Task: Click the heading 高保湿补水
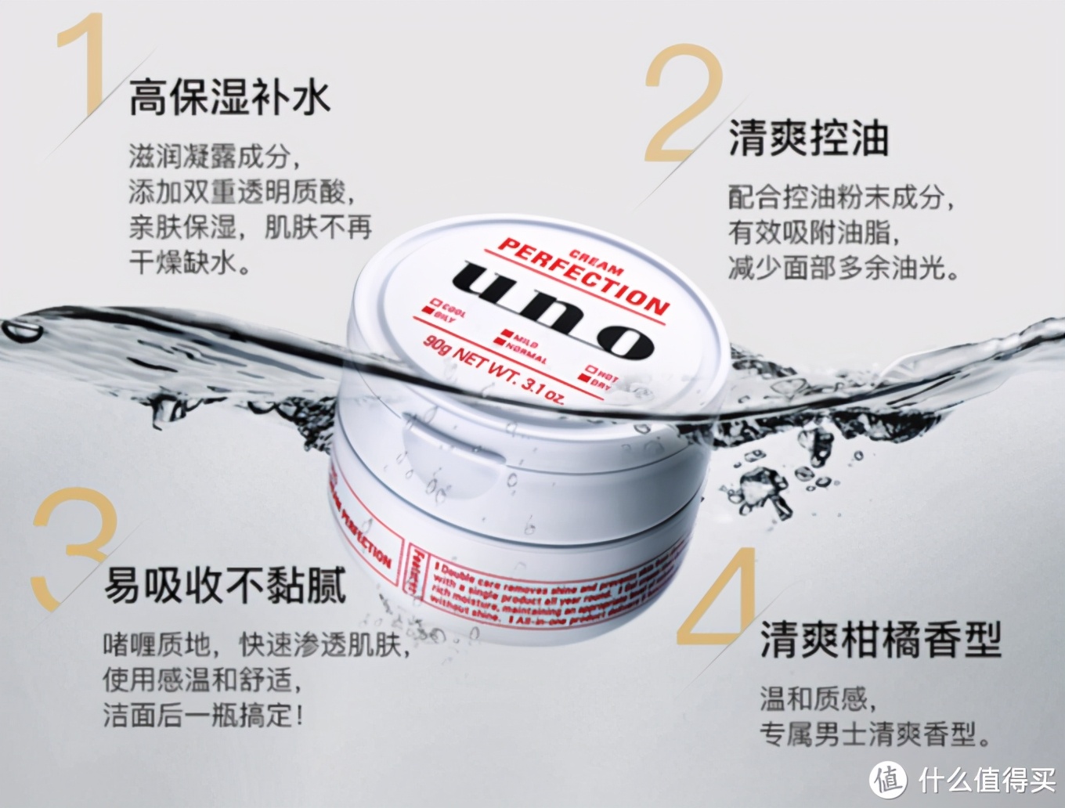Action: pyautogui.click(x=229, y=99)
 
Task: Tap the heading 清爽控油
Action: pyautogui.click(x=808, y=139)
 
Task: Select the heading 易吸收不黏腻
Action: pyautogui.click(x=225, y=585)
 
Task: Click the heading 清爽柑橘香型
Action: pyautogui.click(x=880, y=639)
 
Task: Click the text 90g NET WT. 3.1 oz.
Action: pyautogui.click(x=493, y=368)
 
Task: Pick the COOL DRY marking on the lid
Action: pyautogui.click(x=444, y=311)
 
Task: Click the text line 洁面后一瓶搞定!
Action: pyautogui.click(x=203, y=715)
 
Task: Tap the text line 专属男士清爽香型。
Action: pyautogui.click(x=875, y=734)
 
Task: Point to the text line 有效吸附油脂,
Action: pyautogui.click(x=814, y=233)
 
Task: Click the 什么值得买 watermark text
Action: pyautogui.click(x=986, y=779)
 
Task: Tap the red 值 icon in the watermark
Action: pyautogui.click(x=888, y=779)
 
